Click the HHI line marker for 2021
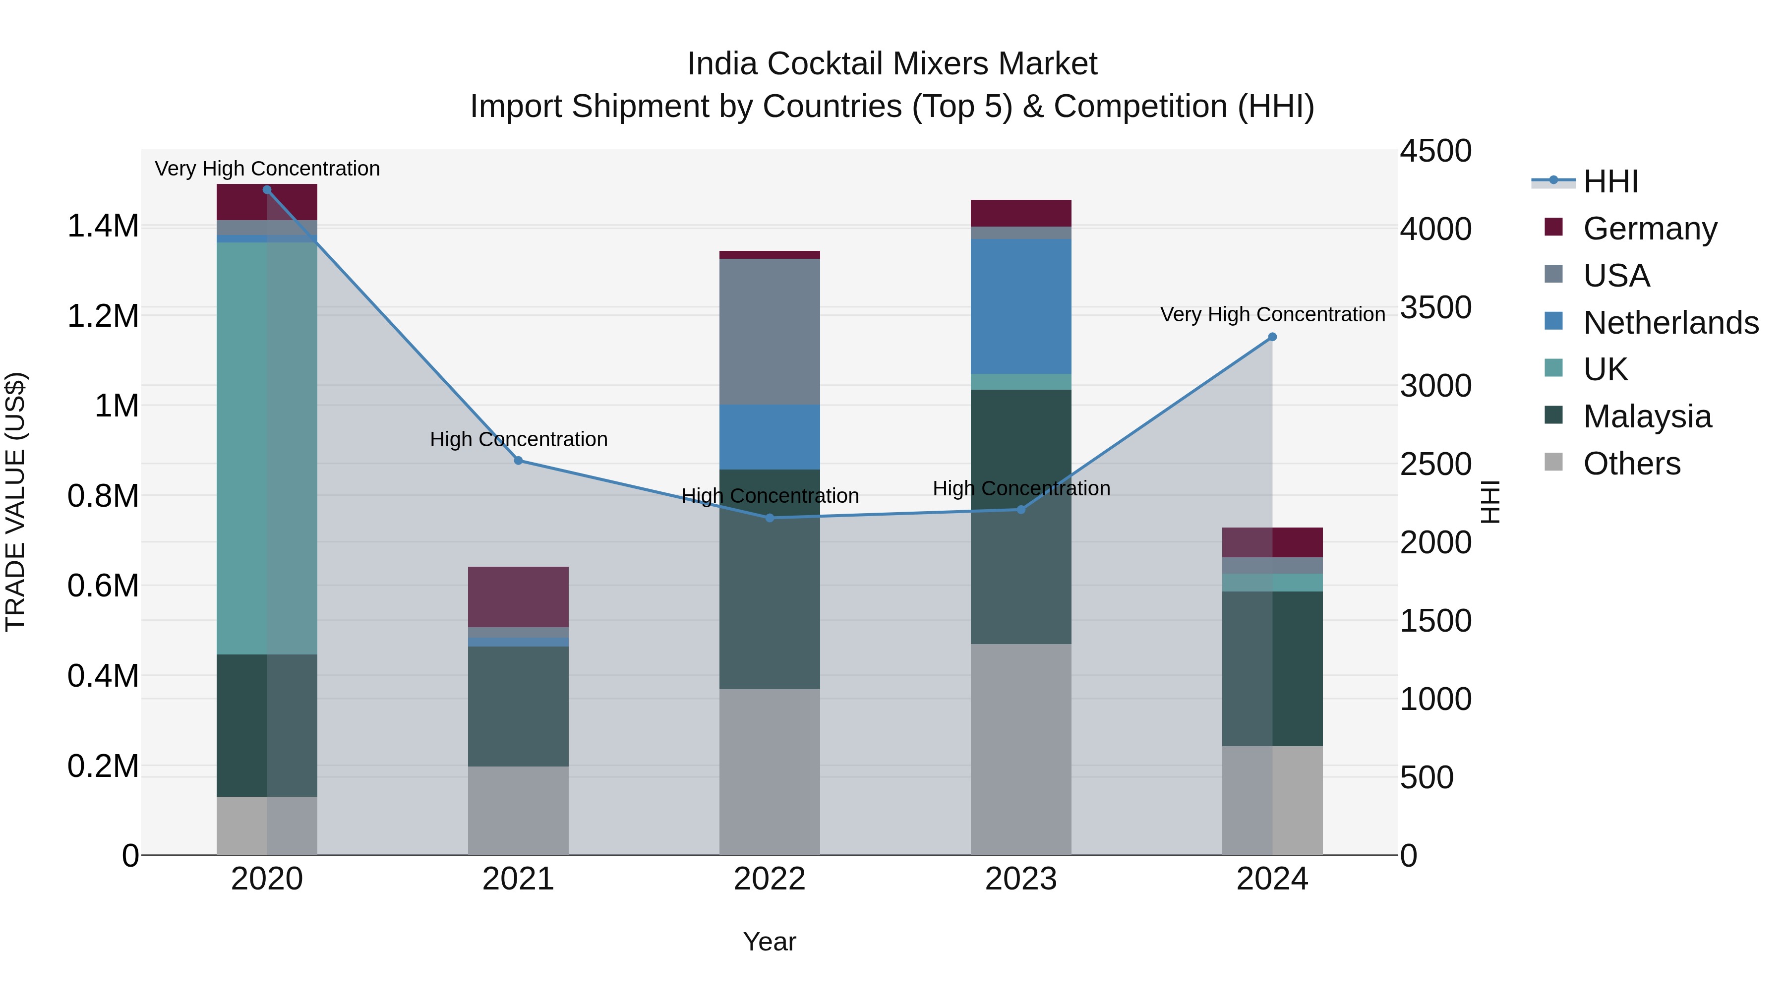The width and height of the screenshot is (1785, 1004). pos(518,461)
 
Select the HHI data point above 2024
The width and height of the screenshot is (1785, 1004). pos(1272,338)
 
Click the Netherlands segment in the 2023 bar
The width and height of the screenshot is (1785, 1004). pos(1021,306)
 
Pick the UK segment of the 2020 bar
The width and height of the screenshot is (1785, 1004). pos(267,448)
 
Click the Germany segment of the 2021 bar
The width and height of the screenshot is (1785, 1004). pos(518,596)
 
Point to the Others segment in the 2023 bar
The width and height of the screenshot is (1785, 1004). pos(1021,749)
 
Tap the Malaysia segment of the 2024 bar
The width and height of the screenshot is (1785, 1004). pos(1272,669)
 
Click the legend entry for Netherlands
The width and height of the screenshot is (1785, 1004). pos(1670,323)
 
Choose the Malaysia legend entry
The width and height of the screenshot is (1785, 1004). pos(1647,416)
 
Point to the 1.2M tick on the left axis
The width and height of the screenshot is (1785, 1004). pos(103,316)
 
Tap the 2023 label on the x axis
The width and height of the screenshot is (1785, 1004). pos(1021,879)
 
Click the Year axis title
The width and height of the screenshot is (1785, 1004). pos(769,942)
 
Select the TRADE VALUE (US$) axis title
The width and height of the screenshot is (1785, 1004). pos(15,502)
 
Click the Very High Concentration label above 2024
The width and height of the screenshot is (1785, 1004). pos(1272,314)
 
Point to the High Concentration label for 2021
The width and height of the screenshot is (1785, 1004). pos(518,439)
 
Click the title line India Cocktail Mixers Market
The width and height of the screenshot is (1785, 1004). pos(892,64)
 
